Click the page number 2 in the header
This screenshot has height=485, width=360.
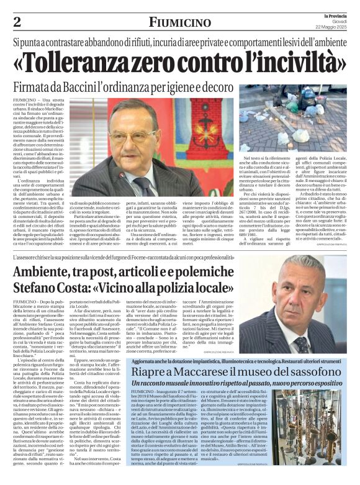click(17, 22)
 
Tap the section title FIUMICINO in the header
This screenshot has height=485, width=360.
click(180, 22)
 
